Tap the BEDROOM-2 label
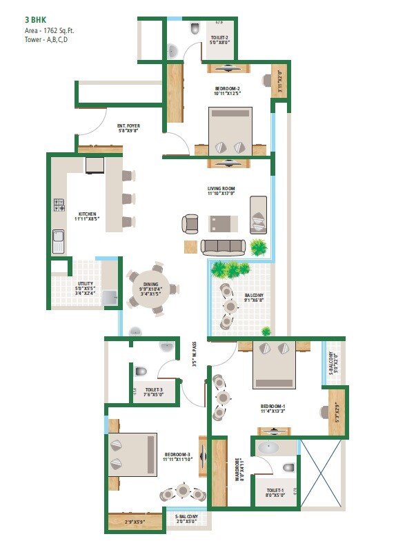pos(227,89)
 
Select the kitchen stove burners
pos(59,205)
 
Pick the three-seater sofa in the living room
pos(222,246)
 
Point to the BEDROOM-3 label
pos(176,455)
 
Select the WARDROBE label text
pos(238,471)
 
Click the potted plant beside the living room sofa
pos(259,246)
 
